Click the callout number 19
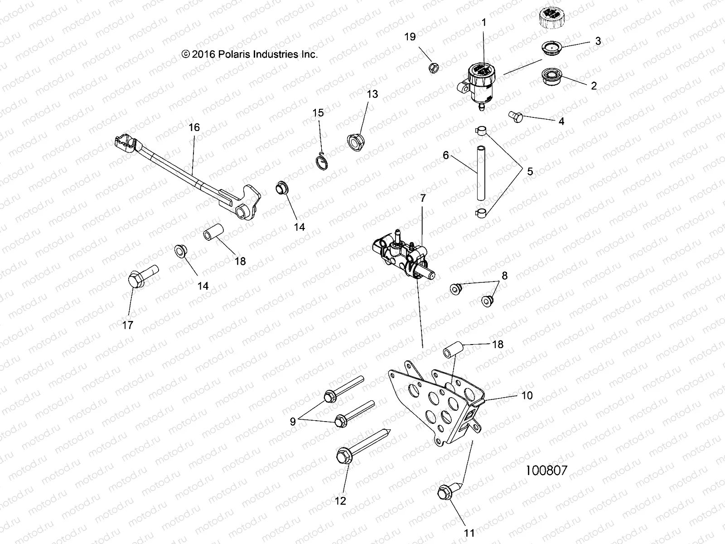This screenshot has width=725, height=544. pos(410,37)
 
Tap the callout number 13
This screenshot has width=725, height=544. pos(372,94)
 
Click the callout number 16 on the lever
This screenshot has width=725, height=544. pos(194,127)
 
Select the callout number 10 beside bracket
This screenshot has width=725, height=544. pos(527,395)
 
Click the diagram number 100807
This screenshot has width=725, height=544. pos(546,470)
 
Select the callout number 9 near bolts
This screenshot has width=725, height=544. pos(293,422)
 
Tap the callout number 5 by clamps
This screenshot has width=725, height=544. pos(530,172)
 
